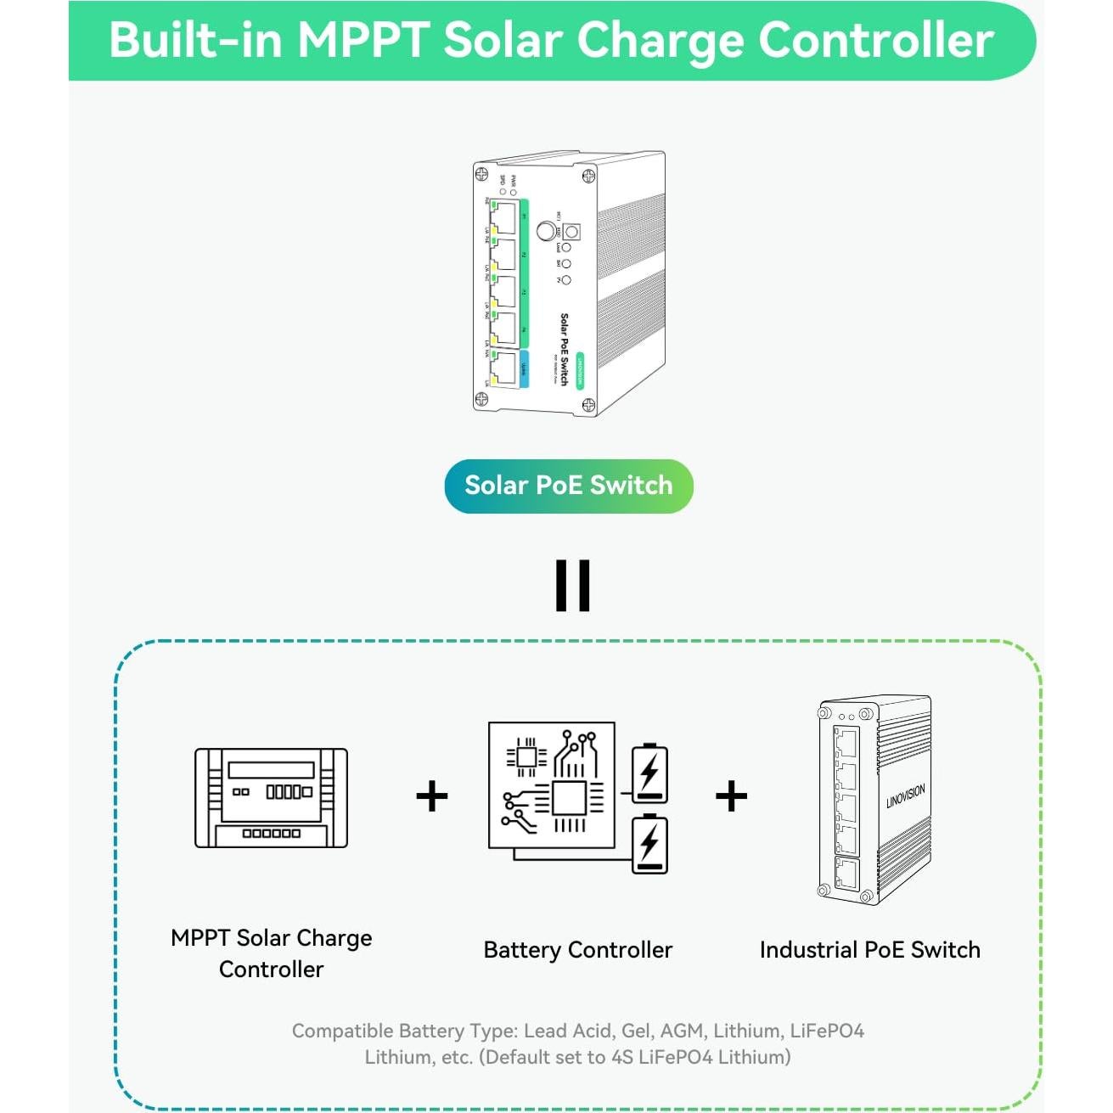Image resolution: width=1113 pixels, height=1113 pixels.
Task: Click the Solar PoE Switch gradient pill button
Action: (x=568, y=486)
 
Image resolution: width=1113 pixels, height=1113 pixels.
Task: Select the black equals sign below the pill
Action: (x=572, y=585)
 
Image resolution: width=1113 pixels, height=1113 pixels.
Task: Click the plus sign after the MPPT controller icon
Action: (x=431, y=796)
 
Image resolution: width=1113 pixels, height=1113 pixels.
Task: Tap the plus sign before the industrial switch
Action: (x=731, y=796)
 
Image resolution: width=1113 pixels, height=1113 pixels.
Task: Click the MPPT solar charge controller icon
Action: (x=271, y=798)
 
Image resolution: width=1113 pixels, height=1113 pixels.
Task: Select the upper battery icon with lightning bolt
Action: (x=649, y=773)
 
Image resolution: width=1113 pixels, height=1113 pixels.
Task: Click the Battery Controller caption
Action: (x=577, y=950)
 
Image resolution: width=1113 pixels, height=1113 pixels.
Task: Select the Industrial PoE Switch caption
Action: (x=869, y=950)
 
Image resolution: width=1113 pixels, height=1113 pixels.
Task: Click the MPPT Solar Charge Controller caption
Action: (x=271, y=953)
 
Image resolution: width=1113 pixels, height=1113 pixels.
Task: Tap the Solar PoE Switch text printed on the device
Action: (x=565, y=348)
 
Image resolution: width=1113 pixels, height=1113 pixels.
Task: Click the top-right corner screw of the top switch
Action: (x=587, y=177)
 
